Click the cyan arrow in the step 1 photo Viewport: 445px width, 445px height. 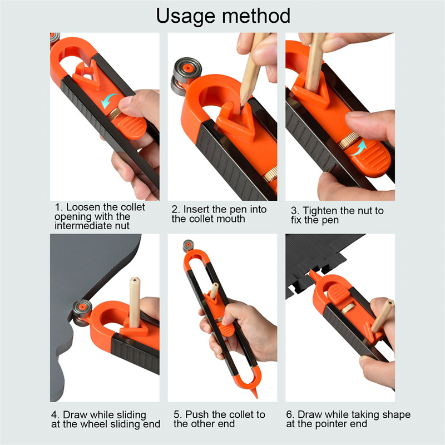pyautogui.click(x=108, y=101)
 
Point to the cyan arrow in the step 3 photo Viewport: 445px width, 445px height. pyautogui.click(x=359, y=148)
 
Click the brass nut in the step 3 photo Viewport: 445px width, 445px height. pyautogui.click(x=347, y=140)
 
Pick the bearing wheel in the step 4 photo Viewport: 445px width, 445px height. pyautogui.click(x=81, y=312)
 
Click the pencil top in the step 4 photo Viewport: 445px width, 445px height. pyautogui.click(x=135, y=281)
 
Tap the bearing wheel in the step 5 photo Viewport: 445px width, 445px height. pyautogui.click(x=188, y=245)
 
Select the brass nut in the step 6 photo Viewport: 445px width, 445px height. pyautogui.click(x=348, y=308)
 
